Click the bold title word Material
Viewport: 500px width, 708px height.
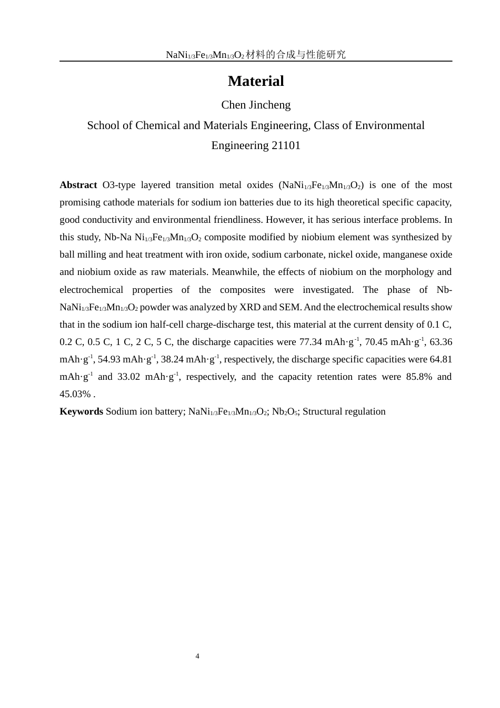point(256,81)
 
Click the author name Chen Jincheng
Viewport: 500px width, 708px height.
point(256,105)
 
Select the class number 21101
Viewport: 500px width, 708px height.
point(286,145)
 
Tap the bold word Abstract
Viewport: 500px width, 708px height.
point(78,185)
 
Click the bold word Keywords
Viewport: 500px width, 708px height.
point(81,411)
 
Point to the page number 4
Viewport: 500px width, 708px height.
point(197,656)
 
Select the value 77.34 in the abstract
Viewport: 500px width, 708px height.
point(311,342)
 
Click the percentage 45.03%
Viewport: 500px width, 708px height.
point(75,394)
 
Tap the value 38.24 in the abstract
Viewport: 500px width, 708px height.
point(172,359)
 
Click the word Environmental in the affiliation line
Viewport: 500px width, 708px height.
point(389,125)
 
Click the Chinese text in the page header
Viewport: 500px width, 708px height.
point(296,54)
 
